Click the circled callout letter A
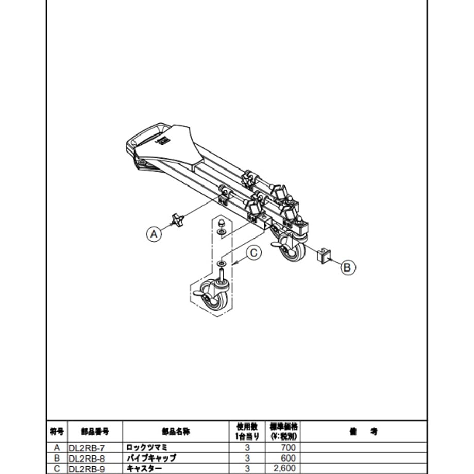(x=154, y=234)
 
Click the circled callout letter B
(x=347, y=267)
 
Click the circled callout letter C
(x=253, y=252)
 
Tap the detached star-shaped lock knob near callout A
(x=177, y=220)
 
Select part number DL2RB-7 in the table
(x=87, y=448)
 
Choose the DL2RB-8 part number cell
(x=87, y=459)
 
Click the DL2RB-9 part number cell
(x=87, y=469)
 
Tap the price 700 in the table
(x=289, y=447)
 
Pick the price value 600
(x=289, y=458)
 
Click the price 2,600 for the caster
(x=285, y=468)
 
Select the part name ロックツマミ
(x=147, y=447)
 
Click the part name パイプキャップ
(x=151, y=458)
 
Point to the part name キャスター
(x=144, y=469)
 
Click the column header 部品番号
(x=95, y=432)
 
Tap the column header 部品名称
(x=176, y=432)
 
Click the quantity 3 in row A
(x=247, y=448)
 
